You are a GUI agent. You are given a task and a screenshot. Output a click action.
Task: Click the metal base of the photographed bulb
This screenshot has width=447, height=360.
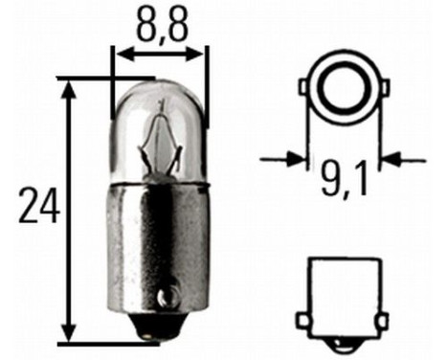coord(159,249)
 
